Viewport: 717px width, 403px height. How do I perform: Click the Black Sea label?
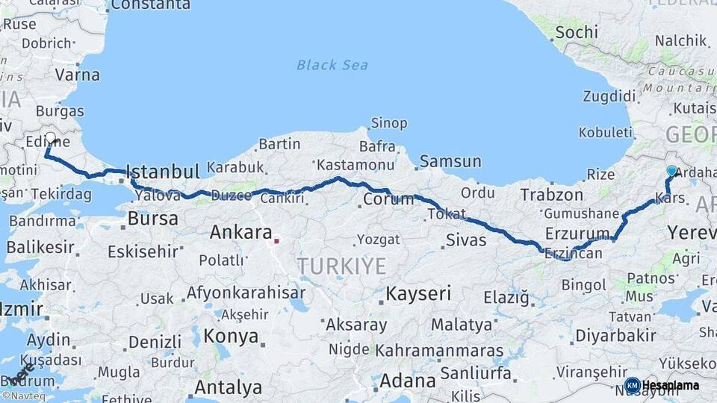[x=332, y=65]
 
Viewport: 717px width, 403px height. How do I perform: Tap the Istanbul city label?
[x=163, y=172]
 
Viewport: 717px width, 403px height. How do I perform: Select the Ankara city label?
[x=240, y=232]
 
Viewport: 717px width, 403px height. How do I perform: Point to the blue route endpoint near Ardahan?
[x=671, y=171]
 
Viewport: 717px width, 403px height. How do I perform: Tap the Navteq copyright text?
[x=23, y=396]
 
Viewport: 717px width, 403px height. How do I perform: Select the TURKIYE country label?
[x=341, y=266]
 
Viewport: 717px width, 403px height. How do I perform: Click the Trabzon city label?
[x=551, y=195]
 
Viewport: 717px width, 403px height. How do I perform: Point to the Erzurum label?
[x=577, y=232]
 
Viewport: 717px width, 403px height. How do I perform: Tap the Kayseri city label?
[x=418, y=294]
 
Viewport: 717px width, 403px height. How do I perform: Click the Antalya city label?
[x=229, y=388]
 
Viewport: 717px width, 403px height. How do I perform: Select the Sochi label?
[x=577, y=32]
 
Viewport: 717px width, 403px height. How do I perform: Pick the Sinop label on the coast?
[x=389, y=123]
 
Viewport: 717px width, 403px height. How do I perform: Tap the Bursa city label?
[x=153, y=219]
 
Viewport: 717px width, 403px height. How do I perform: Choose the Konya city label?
[x=232, y=336]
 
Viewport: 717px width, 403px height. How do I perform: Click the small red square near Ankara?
[x=276, y=240]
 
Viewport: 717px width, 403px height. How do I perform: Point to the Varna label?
[x=78, y=75]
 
